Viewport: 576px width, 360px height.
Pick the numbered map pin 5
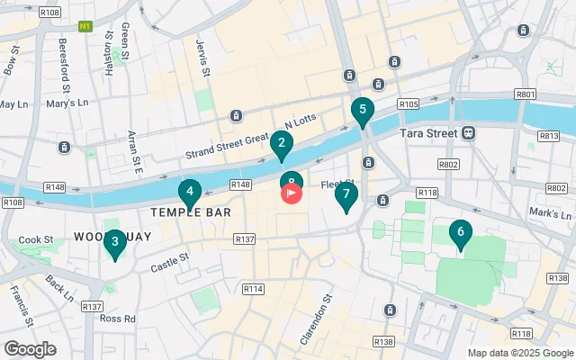tap(362, 112)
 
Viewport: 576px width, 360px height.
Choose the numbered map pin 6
tap(461, 234)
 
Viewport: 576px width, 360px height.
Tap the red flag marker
tap(292, 193)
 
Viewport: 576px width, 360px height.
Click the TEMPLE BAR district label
tap(190, 213)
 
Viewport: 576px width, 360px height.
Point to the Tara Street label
tap(426, 133)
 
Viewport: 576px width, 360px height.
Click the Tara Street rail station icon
tap(469, 132)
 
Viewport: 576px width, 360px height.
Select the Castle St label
tap(169, 262)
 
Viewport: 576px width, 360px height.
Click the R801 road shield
tap(526, 94)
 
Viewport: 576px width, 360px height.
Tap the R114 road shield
tap(253, 289)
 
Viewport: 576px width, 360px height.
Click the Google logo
tap(30, 348)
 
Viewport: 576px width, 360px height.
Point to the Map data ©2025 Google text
tap(519, 353)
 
